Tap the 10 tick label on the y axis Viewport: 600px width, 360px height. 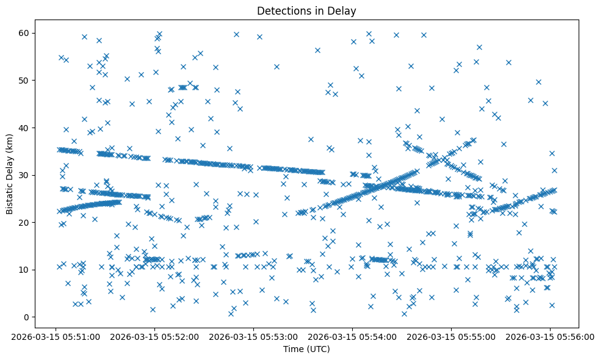click(x=25, y=270)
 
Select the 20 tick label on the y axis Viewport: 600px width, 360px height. click(x=25, y=222)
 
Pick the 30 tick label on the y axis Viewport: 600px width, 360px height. click(x=25, y=175)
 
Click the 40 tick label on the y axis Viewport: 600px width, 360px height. click(x=25, y=128)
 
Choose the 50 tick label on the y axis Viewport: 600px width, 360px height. click(x=25, y=81)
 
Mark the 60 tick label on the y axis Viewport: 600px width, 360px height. click(x=25, y=33)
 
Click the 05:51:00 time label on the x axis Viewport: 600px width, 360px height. click(x=56, y=336)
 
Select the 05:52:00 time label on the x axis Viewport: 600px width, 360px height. click(x=154, y=336)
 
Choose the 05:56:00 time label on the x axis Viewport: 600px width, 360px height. click(x=550, y=336)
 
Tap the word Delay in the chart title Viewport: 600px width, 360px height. click(x=344, y=10)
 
